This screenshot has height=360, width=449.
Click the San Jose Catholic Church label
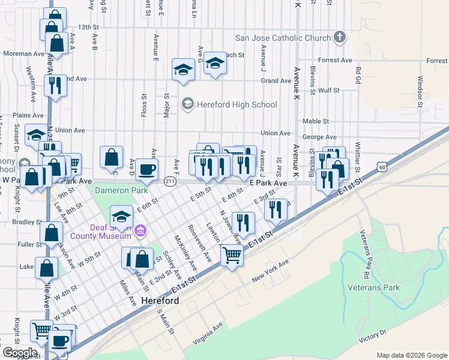pos(283,38)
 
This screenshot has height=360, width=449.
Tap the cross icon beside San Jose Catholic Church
pos(340,38)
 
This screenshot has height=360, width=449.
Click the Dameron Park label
pos(121,190)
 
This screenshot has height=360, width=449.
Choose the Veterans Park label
pos(373,287)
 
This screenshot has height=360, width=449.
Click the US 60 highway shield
pos(382,169)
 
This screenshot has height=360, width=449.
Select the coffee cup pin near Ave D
pos(146,170)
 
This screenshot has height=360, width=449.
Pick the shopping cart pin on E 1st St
pos(231,256)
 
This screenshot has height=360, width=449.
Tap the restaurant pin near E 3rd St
pos(276,210)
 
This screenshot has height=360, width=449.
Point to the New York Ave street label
pos(270,272)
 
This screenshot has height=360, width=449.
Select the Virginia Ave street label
pos(208,333)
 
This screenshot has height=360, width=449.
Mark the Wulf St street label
pos(330,91)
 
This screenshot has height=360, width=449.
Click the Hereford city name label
pos(160,300)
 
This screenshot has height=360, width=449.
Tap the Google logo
pos(20,352)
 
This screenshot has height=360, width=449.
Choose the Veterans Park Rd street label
pos(364,254)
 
